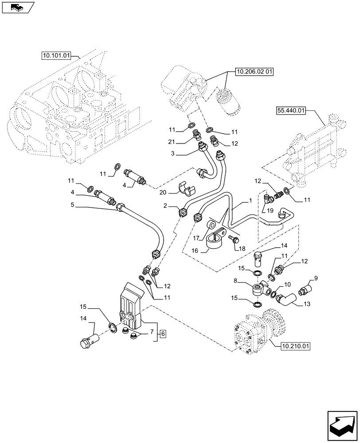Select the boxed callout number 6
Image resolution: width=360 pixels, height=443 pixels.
coord(163,333)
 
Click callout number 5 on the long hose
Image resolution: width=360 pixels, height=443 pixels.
coord(72,205)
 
